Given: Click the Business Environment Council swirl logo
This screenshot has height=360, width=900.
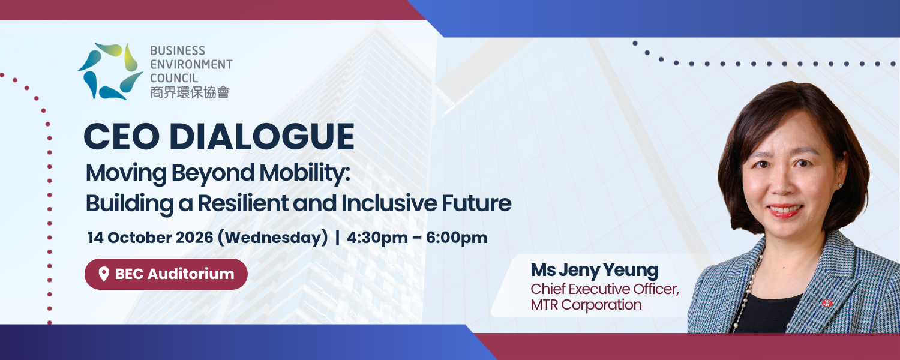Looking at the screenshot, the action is pyautogui.click(x=110, y=71).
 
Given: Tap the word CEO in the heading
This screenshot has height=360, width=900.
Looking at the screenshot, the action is pyautogui.click(x=122, y=137).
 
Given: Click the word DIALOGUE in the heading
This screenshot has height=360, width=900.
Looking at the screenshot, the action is pyautogui.click(x=262, y=137).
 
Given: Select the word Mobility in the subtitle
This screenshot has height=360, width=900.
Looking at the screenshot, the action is pyautogui.click(x=305, y=173).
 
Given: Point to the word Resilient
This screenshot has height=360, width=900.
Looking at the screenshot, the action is pyautogui.click(x=242, y=203).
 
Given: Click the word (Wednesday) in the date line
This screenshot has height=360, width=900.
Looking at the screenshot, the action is pyautogui.click(x=273, y=238).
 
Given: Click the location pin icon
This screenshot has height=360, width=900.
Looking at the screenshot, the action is pyautogui.click(x=104, y=274).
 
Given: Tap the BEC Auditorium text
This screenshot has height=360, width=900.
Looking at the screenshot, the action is pyautogui.click(x=175, y=274).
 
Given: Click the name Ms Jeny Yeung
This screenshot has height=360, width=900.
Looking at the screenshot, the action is pyautogui.click(x=594, y=271).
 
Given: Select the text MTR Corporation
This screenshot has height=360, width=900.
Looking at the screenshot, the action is pyautogui.click(x=586, y=305).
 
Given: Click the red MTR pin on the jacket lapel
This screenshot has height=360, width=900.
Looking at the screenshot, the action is pyautogui.click(x=826, y=303).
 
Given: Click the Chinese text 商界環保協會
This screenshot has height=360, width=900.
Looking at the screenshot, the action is pyautogui.click(x=190, y=92).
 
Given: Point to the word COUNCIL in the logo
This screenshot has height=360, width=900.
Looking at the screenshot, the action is pyautogui.click(x=174, y=77).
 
